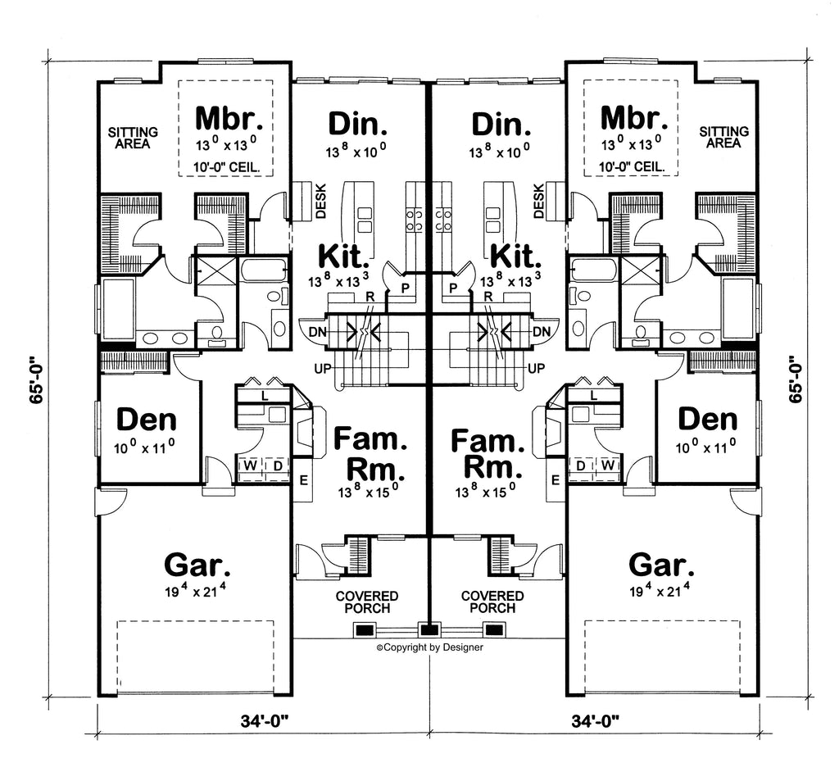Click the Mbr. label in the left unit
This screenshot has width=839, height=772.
(x=229, y=119)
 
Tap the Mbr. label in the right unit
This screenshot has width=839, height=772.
(x=634, y=119)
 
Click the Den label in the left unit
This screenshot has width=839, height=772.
(x=147, y=420)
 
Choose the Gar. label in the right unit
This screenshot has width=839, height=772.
(x=661, y=565)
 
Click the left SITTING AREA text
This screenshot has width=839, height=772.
(x=135, y=137)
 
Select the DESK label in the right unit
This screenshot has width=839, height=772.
(x=539, y=202)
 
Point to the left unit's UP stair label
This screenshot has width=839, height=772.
(x=324, y=368)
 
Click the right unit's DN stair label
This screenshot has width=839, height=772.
(x=541, y=331)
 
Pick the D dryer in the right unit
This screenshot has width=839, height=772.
(x=580, y=466)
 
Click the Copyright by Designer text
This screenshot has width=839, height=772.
(x=429, y=647)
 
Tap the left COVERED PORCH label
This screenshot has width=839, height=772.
(x=366, y=602)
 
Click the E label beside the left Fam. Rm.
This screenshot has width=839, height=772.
(x=302, y=479)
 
